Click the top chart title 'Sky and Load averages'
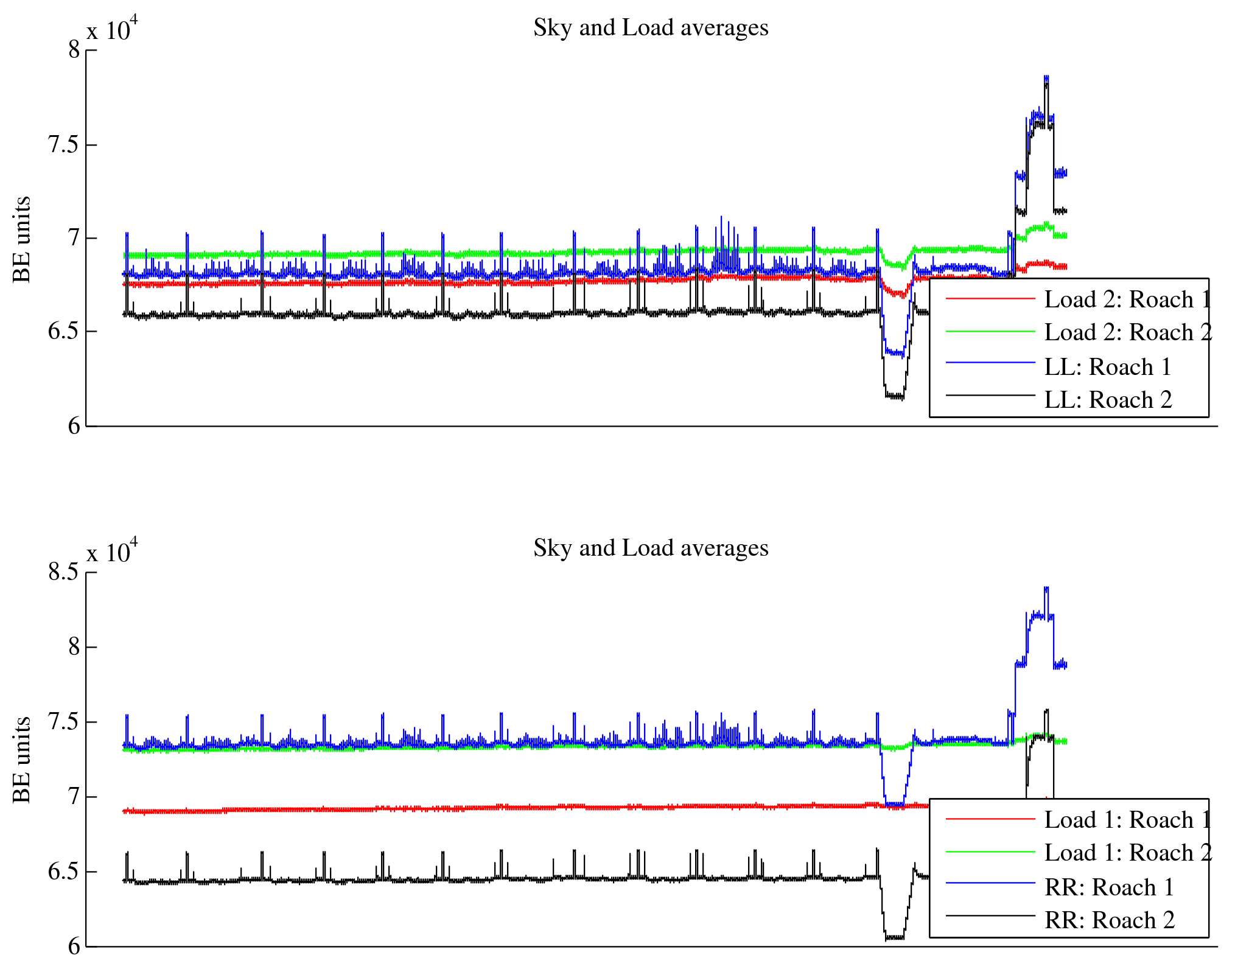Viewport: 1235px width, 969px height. pos(651,28)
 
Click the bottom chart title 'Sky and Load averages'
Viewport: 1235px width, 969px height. pos(651,548)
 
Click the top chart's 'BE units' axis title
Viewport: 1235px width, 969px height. pos(21,239)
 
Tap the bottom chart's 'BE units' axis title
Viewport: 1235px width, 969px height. pos(21,760)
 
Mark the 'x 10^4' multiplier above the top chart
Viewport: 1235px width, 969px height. pos(112,29)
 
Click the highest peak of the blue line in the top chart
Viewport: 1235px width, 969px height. pos(1046,77)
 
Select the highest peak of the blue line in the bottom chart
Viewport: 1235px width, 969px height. pos(1046,588)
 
